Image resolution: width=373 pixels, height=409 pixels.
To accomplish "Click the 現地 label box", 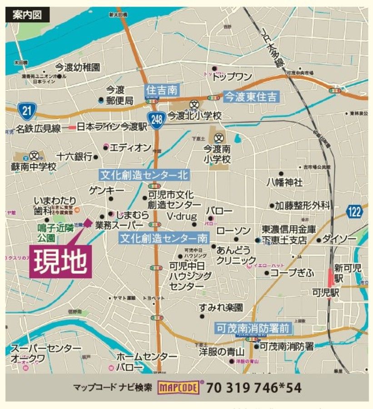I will click(59, 261).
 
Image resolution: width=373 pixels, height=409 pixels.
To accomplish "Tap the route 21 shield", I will click(27, 110).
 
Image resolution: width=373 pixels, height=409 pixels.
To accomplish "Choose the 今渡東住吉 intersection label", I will click(251, 96).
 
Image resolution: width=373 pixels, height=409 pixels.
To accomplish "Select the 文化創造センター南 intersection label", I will click(164, 238).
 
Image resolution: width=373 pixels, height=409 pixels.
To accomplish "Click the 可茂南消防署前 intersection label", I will click(253, 328).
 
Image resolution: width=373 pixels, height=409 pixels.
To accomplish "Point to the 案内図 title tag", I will click(25, 15).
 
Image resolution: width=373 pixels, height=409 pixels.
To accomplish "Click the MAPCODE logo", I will click(179, 388).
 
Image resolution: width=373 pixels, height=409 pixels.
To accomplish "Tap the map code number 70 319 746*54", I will click(254, 388).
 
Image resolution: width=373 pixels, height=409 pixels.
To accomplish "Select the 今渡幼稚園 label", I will click(77, 68).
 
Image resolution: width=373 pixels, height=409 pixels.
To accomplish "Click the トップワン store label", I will click(232, 77).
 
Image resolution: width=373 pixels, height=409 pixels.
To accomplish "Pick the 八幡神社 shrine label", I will click(284, 183).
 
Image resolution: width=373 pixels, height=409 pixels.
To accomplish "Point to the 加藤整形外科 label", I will click(302, 205).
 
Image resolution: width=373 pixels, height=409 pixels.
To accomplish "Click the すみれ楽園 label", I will click(221, 308).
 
